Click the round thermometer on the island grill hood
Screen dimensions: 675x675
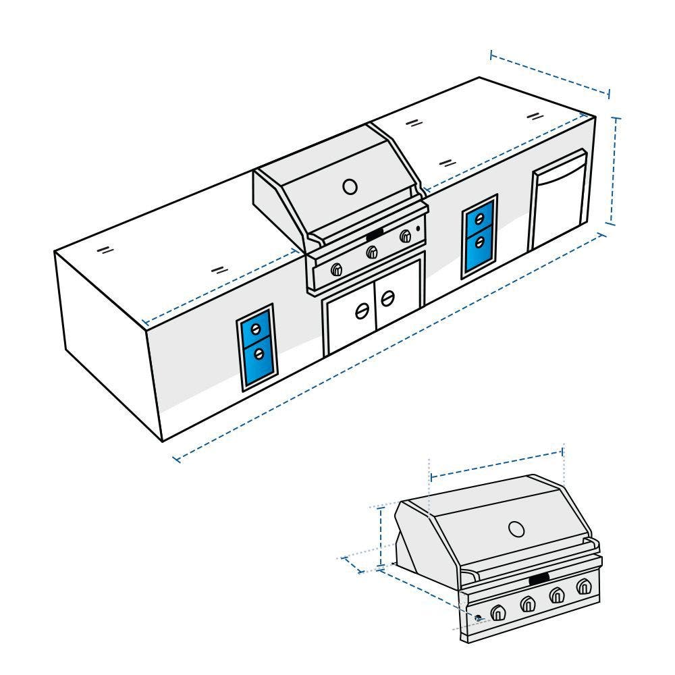pos(350,186)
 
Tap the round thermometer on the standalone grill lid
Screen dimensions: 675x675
pos(516,529)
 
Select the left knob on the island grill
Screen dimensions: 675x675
pos(336,270)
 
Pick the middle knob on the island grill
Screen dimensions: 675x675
pos(371,252)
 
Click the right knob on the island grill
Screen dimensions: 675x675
pos(406,236)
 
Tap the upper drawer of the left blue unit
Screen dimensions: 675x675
pos(255,330)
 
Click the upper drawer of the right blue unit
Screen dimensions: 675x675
pos(479,219)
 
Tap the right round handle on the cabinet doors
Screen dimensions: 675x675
pos(388,297)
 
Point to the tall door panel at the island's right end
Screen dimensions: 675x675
pos(558,202)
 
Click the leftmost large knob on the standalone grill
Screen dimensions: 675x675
pos(499,613)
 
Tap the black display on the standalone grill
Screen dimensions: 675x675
pos(539,578)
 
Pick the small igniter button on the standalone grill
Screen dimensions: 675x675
pos(478,618)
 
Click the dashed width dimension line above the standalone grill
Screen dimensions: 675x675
pos(496,463)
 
